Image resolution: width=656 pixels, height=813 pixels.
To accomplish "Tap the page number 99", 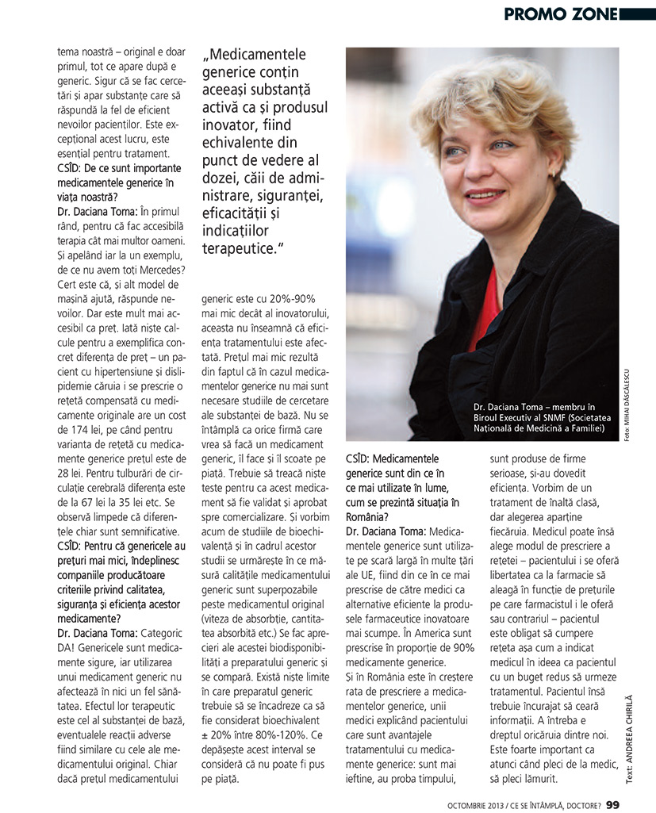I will coord(612,803).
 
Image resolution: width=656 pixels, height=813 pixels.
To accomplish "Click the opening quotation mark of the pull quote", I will coord(207,57).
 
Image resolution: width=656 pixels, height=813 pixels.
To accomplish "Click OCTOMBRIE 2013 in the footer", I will coord(481,803).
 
